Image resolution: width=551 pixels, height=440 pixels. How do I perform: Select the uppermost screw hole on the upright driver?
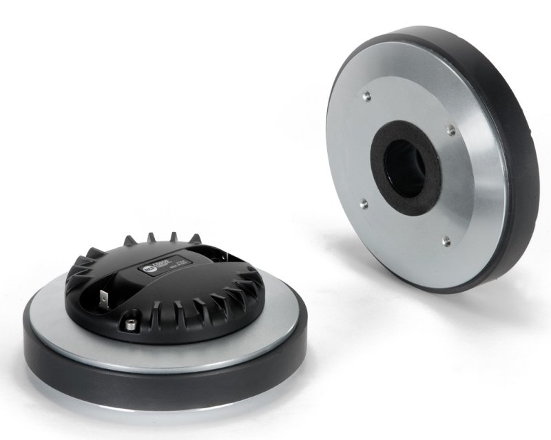click(x=366, y=96)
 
